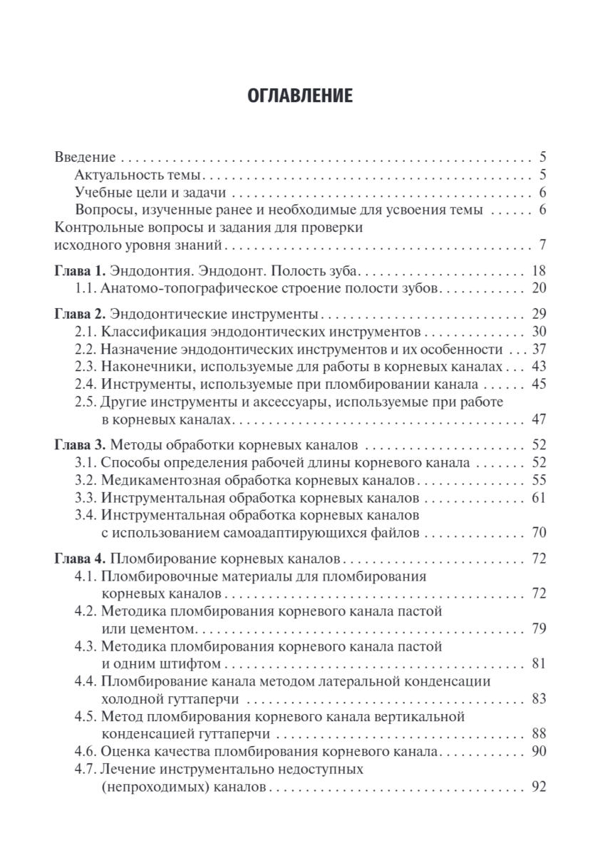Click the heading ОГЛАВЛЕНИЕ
coord(299,96)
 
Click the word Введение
coord(85,157)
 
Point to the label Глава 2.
coord(81,314)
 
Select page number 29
coord(538,314)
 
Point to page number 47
coord(538,419)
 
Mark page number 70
coord(538,532)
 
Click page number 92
coord(538,788)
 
